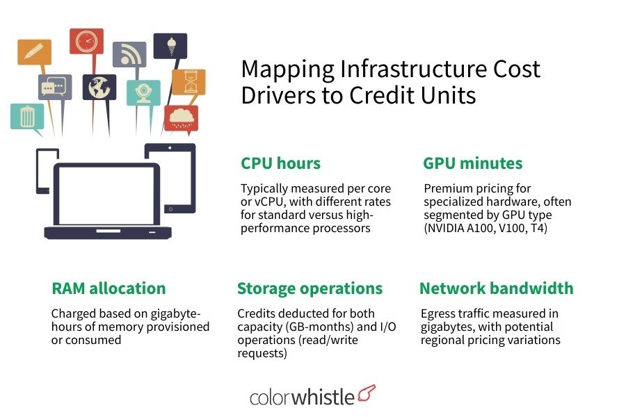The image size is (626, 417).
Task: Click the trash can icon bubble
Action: (27, 117)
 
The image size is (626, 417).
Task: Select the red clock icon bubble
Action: (86, 41)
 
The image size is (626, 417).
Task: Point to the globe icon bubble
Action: (99, 88)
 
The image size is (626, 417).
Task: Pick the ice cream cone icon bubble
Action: (170, 46)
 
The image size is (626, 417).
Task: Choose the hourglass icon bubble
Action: (188, 81)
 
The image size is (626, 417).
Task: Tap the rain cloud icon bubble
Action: (181, 117)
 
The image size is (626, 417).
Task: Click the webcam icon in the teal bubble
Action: (143, 93)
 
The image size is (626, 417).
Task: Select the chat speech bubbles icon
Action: (55, 87)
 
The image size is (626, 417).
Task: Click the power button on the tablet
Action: (170, 208)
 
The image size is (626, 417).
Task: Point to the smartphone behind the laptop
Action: (46, 170)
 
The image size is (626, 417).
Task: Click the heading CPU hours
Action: (280, 163)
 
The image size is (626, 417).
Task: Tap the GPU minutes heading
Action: (472, 163)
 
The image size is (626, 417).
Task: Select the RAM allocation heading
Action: (109, 288)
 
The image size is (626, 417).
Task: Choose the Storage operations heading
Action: (310, 288)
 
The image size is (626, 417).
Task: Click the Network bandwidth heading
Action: (496, 288)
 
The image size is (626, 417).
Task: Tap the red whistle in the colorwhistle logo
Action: (366, 393)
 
